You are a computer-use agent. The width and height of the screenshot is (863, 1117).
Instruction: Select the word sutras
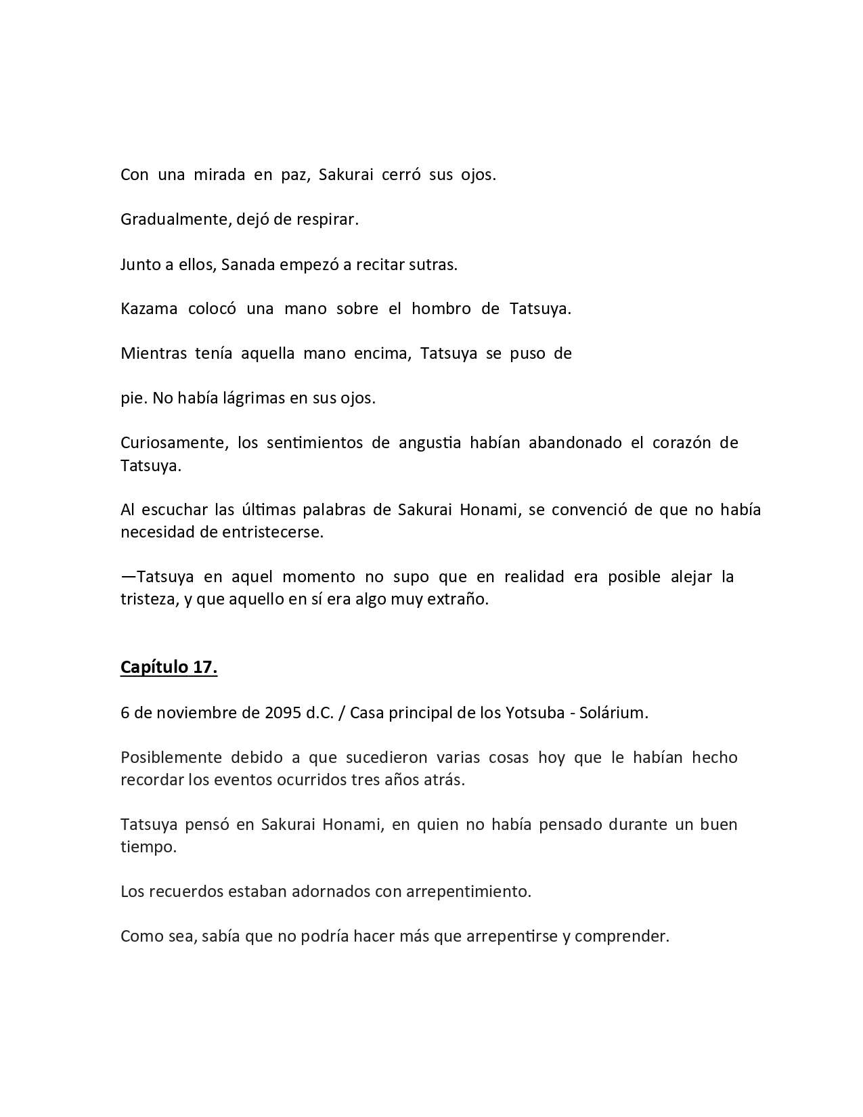433,265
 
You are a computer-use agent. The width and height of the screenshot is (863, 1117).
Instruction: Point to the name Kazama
149,309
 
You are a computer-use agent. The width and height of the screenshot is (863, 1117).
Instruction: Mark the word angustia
430,443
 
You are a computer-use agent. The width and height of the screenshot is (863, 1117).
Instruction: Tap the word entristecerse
272,533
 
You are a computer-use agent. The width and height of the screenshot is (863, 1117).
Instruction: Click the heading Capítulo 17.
169,667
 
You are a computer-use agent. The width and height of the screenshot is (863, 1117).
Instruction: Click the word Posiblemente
171,758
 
